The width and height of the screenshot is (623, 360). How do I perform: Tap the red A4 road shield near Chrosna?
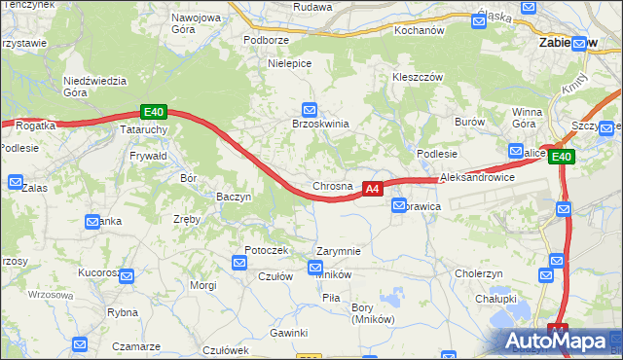[372, 189]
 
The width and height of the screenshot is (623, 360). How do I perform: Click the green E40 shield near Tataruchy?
[152, 112]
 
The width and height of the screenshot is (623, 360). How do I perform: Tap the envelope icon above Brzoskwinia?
[310, 109]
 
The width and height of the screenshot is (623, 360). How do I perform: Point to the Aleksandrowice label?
[477, 179]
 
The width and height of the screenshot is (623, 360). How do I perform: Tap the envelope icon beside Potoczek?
[239, 262]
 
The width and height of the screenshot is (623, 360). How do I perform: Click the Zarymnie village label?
[339, 251]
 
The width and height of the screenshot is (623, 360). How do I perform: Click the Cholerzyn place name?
[478, 273]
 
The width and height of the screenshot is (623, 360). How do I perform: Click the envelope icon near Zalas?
[16, 181]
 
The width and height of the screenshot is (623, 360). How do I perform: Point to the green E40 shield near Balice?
[562, 157]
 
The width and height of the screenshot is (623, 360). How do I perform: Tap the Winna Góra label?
[525, 118]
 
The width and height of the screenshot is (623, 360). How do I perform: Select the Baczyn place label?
[234, 197]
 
